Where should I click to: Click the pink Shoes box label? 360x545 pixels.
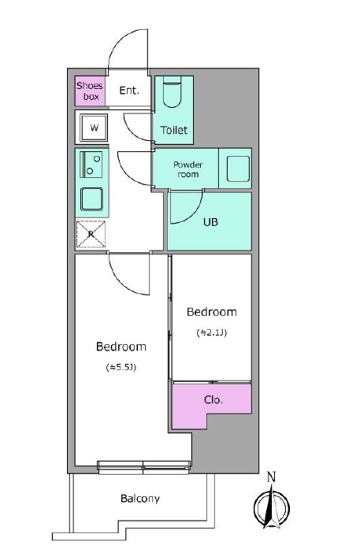click(x=89, y=91)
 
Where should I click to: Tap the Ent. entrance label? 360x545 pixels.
click(x=129, y=91)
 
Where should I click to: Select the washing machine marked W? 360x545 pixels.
click(x=94, y=127)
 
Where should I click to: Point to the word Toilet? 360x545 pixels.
click(x=173, y=129)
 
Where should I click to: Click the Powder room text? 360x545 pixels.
click(x=188, y=169)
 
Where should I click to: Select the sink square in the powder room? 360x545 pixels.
click(x=236, y=169)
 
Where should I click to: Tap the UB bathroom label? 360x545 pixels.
click(x=211, y=221)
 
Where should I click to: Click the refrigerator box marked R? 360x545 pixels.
click(x=91, y=234)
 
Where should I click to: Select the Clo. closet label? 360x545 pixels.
click(x=213, y=400)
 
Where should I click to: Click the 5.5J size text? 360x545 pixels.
click(x=121, y=367)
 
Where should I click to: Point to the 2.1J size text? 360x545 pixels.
click(x=211, y=332)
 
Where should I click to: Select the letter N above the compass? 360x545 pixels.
click(x=271, y=476)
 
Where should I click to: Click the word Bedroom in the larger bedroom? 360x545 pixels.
click(x=121, y=347)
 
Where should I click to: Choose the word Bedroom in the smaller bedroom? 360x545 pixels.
click(x=211, y=312)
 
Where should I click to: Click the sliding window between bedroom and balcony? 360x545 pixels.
click(x=143, y=468)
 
